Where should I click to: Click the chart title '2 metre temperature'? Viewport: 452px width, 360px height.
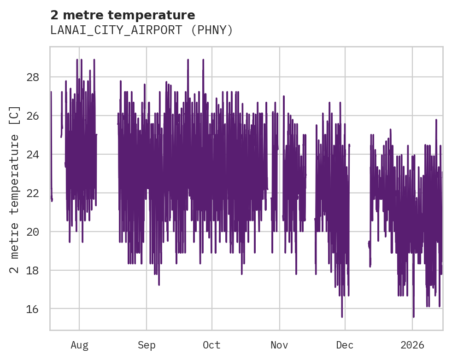[123, 15]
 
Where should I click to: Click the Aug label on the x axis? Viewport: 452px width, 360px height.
[79, 345]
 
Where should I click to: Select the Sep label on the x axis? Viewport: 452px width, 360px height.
[147, 345]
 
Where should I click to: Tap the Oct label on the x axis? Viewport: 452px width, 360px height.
[211, 345]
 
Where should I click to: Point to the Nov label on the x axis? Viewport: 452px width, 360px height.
[279, 345]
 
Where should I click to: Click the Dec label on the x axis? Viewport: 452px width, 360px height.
[345, 345]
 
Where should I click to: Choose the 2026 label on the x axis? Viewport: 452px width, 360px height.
[412, 345]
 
